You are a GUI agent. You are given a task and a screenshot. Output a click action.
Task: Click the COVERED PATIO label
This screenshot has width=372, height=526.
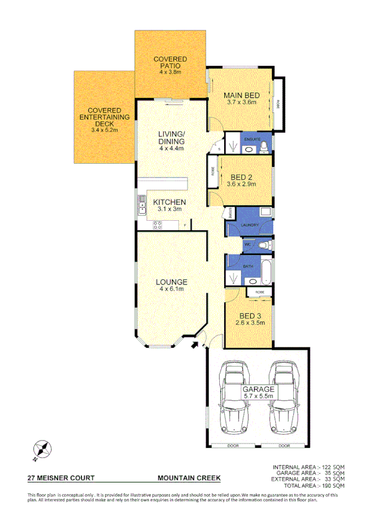tap(170, 62)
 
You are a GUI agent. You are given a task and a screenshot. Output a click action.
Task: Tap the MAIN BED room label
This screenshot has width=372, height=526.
tap(241, 99)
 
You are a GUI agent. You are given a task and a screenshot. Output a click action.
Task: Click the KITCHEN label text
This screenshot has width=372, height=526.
tap(170, 203)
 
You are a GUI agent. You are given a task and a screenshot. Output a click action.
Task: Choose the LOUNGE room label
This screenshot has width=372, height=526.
tap(173, 282)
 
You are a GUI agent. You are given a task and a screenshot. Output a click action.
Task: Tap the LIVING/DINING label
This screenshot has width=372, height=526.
tap(171, 138)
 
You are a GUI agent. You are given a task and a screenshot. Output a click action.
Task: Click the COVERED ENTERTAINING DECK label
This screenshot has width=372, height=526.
tap(104, 117)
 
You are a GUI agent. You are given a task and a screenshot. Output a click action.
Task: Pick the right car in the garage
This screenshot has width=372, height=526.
tap(283, 399)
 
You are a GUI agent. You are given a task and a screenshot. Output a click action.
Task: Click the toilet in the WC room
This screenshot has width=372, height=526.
tap(264, 246)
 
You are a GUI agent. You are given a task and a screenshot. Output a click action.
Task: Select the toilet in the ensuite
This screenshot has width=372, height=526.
tap(264, 146)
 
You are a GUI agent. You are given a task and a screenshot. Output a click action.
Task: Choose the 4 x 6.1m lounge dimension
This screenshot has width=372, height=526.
tap(173, 290)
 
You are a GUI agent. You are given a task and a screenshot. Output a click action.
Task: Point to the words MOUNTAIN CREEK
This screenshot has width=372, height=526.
tap(189, 478)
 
